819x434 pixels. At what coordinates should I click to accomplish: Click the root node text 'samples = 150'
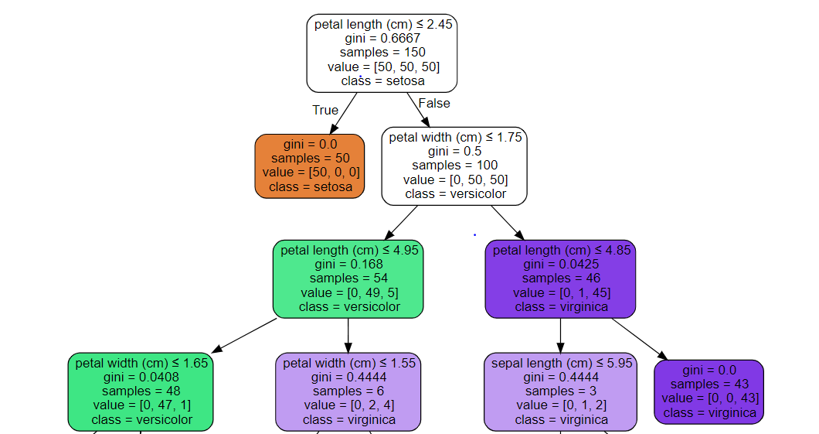click(x=382, y=53)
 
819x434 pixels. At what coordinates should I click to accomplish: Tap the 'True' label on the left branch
click(x=325, y=110)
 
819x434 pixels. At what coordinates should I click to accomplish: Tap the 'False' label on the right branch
click(x=433, y=103)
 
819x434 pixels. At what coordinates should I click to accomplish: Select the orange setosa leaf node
click(x=310, y=166)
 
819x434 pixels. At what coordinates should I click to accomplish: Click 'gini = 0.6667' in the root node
click(x=382, y=39)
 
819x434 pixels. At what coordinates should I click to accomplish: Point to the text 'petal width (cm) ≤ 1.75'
click(x=454, y=138)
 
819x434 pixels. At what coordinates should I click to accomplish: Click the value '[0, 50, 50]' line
click(x=454, y=179)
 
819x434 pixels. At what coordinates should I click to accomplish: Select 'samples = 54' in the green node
click(x=348, y=279)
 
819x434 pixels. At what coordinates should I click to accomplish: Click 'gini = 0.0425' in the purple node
click(x=560, y=265)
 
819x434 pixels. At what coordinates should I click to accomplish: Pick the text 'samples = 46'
click(x=560, y=279)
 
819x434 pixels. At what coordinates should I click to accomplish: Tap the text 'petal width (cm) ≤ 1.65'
click(x=140, y=363)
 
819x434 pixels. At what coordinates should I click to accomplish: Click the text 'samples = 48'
click(x=140, y=391)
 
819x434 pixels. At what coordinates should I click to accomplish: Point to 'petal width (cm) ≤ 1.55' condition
click(x=348, y=363)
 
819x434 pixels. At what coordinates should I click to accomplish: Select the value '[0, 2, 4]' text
click(x=348, y=405)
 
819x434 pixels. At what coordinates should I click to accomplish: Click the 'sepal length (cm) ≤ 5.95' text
click(x=560, y=363)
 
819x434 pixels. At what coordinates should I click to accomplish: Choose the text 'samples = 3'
click(x=560, y=391)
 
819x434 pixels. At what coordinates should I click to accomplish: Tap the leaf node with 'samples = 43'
click(x=709, y=391)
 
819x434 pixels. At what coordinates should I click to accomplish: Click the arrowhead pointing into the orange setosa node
click(x=333, y=131)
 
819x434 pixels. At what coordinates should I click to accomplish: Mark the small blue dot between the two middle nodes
click(x=474, y=234)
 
